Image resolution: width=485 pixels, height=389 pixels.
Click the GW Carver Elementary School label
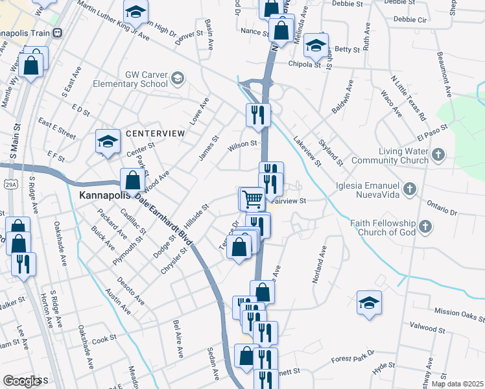pyautogui.click(x=130, y=79)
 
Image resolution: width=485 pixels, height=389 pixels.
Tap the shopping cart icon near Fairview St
pyautogui.click(x=252, y=198)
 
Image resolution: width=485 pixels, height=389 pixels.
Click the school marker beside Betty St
pyautogui.click(x=316, y=45)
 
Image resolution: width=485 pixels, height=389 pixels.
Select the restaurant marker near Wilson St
pyautogui.click(x=258, y=115)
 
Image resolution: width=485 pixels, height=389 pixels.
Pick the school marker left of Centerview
pyautogui.click(x=108, y=142)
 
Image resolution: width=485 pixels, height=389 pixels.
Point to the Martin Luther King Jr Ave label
pyautogui.click(x=113, y=20)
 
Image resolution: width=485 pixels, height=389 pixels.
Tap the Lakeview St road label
pyautogui.click(x=307, y=151)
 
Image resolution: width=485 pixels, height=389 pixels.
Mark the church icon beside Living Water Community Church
pyautogui.click(x=439, y=154)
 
